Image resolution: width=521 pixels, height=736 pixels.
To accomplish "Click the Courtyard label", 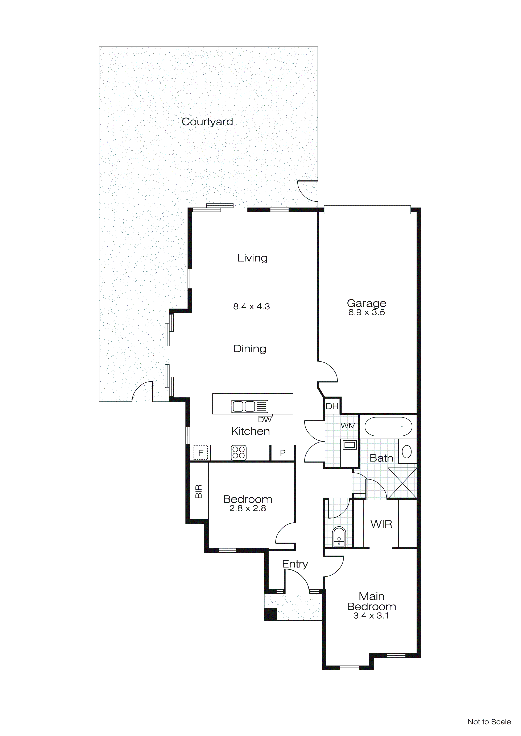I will point(207,122).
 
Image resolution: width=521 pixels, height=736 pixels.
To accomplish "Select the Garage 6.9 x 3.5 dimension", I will point(366,313).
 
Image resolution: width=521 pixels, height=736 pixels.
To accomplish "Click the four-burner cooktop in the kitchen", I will point(238,453).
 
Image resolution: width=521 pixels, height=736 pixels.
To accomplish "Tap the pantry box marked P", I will point(283,453).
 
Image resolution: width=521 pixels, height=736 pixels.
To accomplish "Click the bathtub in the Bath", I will point(388,426).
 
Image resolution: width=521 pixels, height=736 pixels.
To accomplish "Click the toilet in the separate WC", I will point(339,537).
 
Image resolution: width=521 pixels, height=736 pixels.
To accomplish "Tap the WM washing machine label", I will point(348,426).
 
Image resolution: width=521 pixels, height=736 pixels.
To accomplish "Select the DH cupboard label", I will point(332,406).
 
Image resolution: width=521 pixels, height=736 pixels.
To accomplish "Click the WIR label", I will point(381,524).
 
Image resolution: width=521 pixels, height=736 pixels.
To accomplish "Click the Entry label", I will point(295,564).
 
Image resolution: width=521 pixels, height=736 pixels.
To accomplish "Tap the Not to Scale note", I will point(489,722).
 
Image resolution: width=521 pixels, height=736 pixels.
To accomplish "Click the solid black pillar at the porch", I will point(270,614).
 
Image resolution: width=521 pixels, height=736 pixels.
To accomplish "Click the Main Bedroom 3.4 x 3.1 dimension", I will point(371,616).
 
